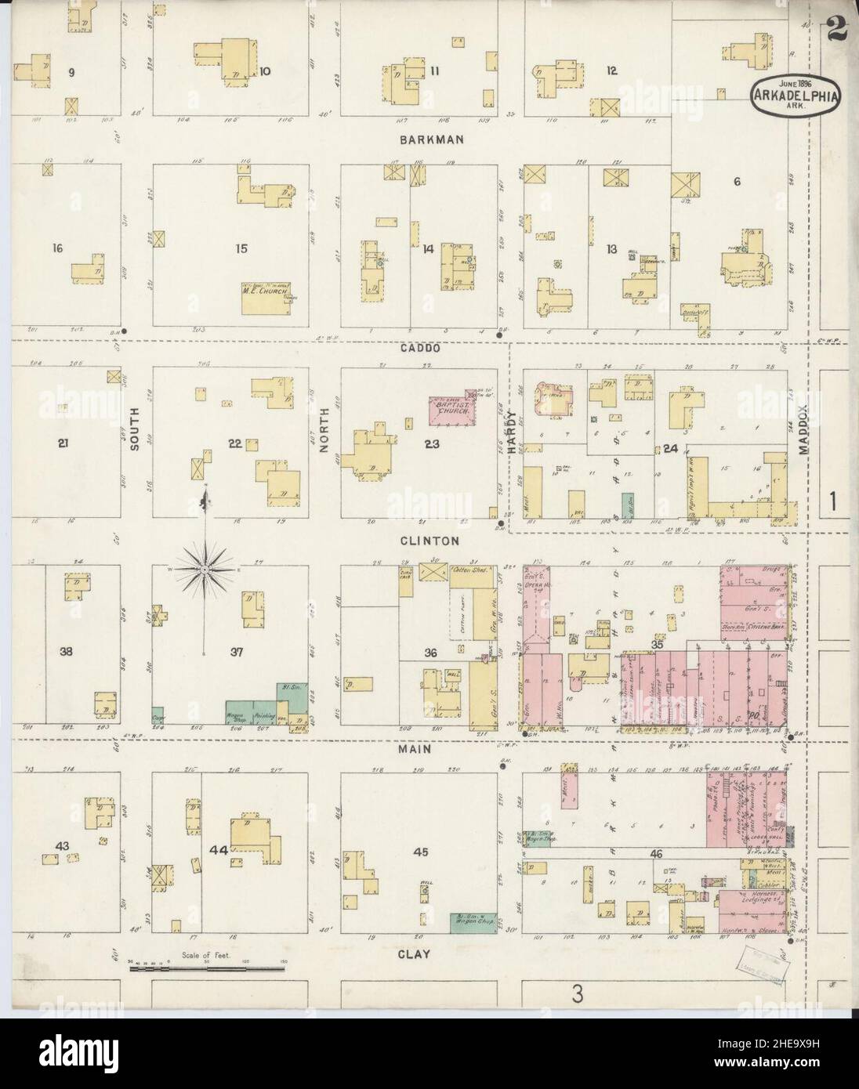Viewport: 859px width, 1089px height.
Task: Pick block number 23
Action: click(x=430, y=443)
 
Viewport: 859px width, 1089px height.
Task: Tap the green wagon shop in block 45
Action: click(x=473, y=922)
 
